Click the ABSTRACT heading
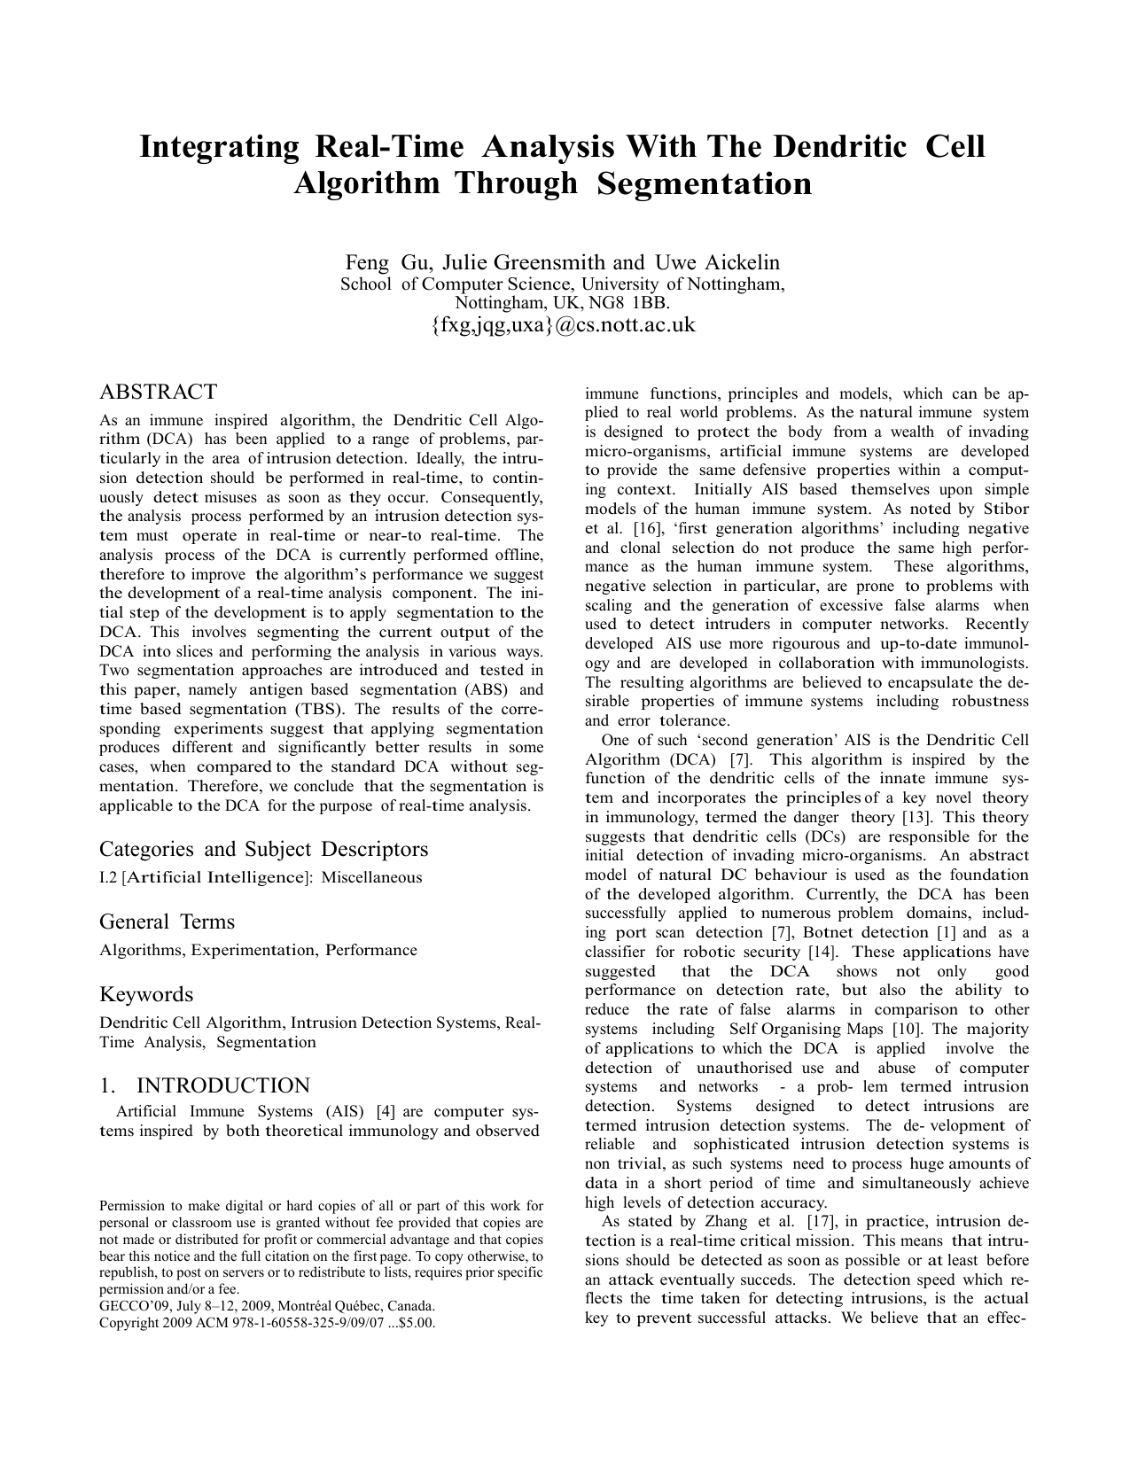158,392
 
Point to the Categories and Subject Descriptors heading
263,849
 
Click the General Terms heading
167,922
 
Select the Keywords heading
145,994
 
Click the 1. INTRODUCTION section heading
205,1085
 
